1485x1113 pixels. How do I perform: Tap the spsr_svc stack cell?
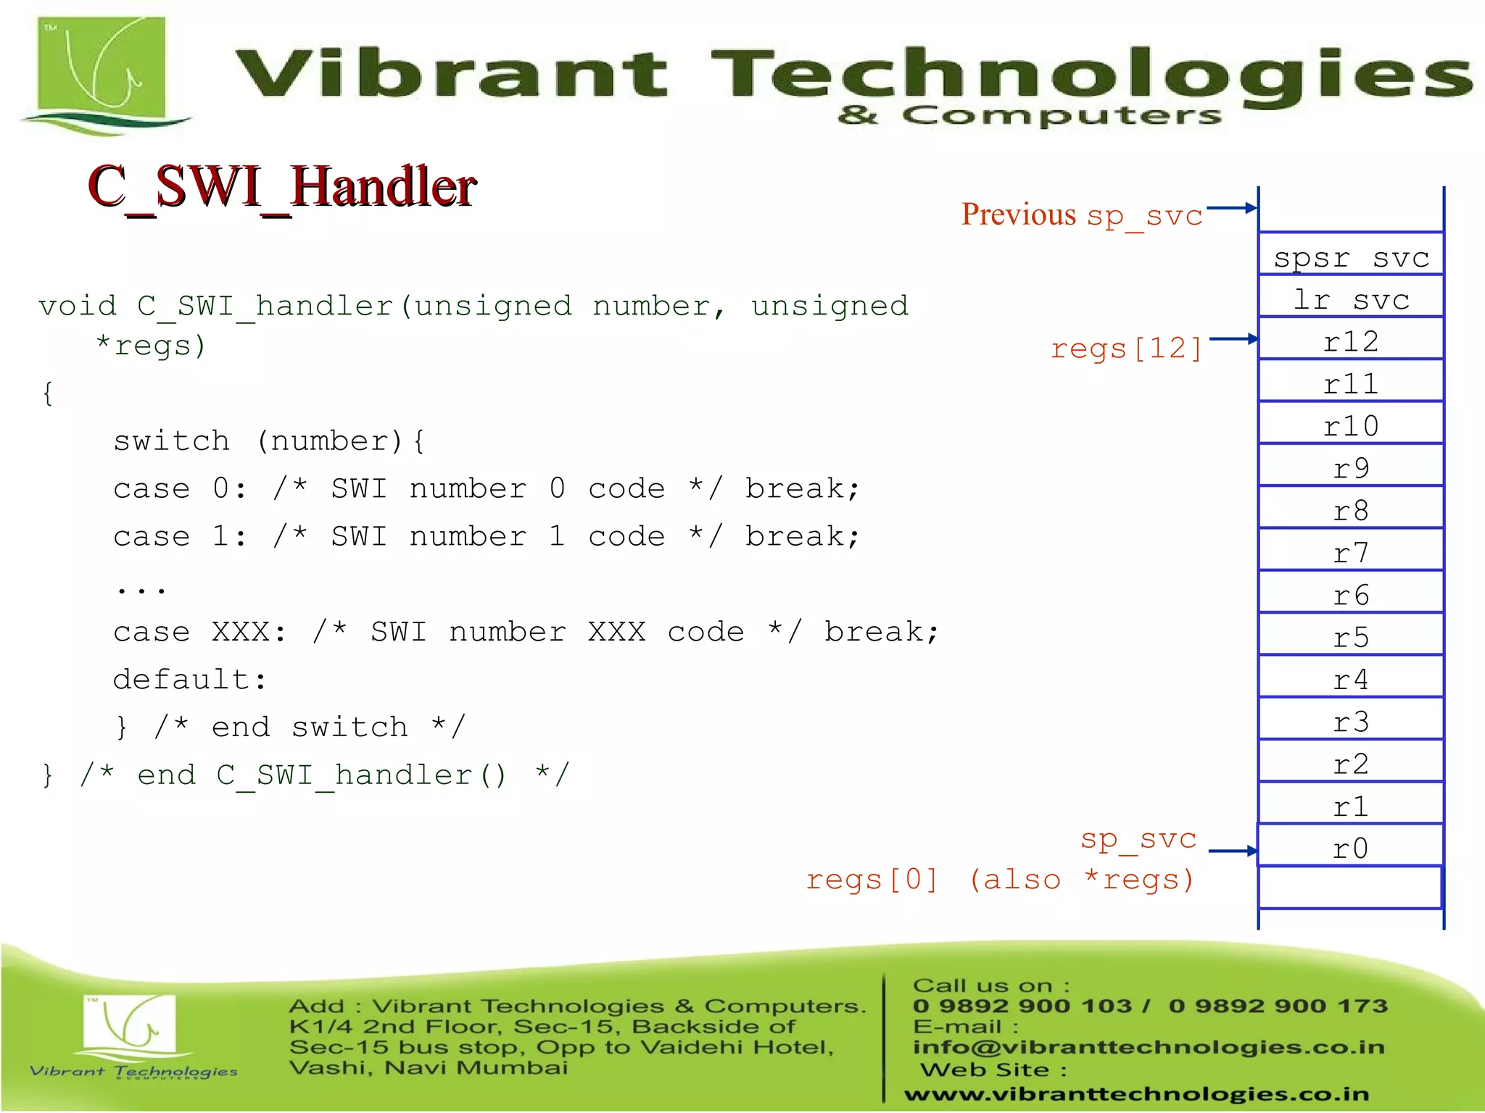pyautogui.click(x=1351, y=255)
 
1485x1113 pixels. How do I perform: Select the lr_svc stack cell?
pyautogui.click(x=1351, y=298)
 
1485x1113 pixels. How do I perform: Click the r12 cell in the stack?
pyautogui.click(x=1351, y=341)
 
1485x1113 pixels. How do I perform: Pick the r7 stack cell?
pyautogui.click(x=1351, y=552)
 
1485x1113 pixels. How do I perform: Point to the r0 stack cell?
pyautogui.click(x=1351, y=847)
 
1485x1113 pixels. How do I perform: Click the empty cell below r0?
pyautogui.click(x=1351, y=887)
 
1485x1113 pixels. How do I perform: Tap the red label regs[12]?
pyautogui.click(x=1126, y=349)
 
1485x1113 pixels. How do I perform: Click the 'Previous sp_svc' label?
pyautogui.click(x=1082, y=215)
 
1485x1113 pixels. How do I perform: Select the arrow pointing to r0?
pyautogui.click(x=1233, y=851)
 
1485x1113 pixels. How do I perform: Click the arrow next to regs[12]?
pyautogui.click(x=1233, y=338)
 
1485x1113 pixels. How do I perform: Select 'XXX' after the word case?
pyautogui.click(x=241, y=632)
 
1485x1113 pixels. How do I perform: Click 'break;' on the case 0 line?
pyautogui.click(x=802, y=488)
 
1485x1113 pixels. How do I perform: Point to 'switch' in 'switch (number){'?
pyautogui.click(x=172, y=441)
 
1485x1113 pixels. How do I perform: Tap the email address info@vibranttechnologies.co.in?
pyautogui.click(x=1149, y=1047)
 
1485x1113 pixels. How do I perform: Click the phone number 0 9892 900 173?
pyautogui.click(x=1278, y=1006)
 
